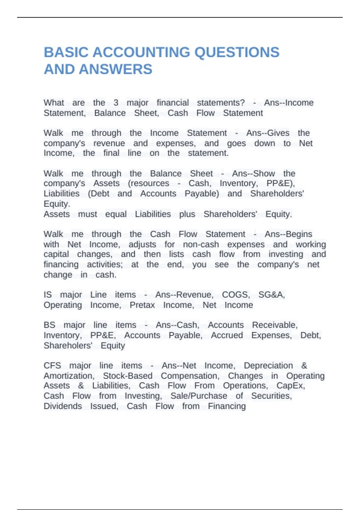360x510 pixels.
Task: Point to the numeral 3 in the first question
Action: (x=116, y=103)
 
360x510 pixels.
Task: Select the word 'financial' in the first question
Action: (x=173, y=103)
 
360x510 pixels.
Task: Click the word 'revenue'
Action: (x=109, y=143)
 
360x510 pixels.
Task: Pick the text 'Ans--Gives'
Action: (x=268, y=133)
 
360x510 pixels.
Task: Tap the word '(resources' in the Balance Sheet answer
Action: (x=148, y=183)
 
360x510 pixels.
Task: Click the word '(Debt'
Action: (x=98, y=193)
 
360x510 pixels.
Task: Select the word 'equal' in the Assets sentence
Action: (x=116, y=214)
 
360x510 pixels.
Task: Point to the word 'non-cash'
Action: (x=201, y=244)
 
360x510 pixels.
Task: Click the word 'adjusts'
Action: (x=142, y=244)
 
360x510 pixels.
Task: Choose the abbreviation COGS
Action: (x=236, y=295)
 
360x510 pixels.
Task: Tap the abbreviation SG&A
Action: (x=271, y=295)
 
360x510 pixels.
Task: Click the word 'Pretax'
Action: (x=142, y=305)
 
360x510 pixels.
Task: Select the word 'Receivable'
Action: (x=275, y=325)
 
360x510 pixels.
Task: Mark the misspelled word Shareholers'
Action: (x=68, y=346)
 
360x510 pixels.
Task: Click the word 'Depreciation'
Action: (x=268, y=366)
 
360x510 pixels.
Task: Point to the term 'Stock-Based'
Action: (x=128, y=376)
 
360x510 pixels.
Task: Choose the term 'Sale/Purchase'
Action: (x=199, y=396)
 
